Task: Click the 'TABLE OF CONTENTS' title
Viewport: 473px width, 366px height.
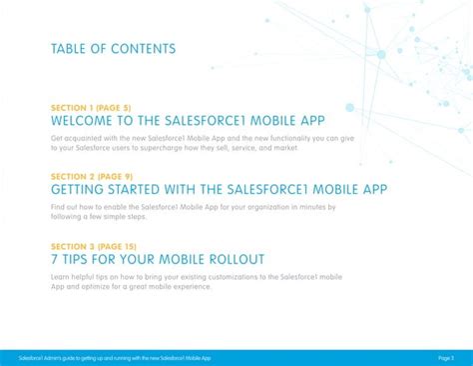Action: tap(112, 49)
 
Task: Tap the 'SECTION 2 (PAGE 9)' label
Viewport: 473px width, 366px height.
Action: tap(94, 176)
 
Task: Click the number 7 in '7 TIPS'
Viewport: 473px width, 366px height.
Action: tap(54, 259)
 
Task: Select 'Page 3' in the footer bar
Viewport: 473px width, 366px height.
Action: tap(445, 357)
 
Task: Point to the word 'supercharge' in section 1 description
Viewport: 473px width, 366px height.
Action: tap(164, 148)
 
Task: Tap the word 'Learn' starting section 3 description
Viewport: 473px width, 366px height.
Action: tap(61, 276)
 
